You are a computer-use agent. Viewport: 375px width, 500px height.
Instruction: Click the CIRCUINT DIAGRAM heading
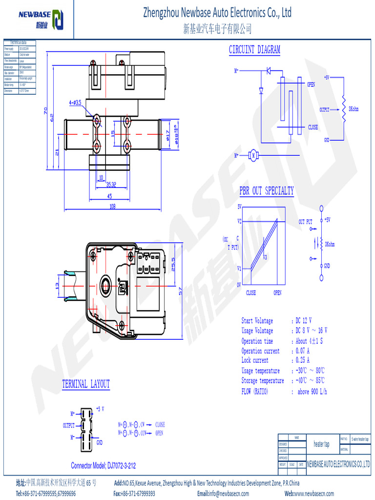(254, 50)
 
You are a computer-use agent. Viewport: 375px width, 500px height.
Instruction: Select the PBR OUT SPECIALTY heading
(267, 191)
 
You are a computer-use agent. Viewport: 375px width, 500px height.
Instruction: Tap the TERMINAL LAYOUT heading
(86, 384)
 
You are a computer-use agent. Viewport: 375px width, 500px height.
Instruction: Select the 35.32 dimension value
(111, 185)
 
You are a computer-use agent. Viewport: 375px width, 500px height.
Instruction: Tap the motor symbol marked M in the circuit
(253, 155)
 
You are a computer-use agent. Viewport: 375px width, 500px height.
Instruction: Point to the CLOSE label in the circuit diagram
(312, 127)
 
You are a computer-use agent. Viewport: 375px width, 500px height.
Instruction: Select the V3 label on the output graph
(265, 257)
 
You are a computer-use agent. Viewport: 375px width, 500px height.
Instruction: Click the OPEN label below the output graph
(277, 293)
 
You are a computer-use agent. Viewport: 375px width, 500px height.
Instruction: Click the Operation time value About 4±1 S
(309, 341)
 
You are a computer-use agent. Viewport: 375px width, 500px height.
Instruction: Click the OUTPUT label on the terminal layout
(69, 426)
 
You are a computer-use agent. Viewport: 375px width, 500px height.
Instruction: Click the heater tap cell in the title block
(321, 444)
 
